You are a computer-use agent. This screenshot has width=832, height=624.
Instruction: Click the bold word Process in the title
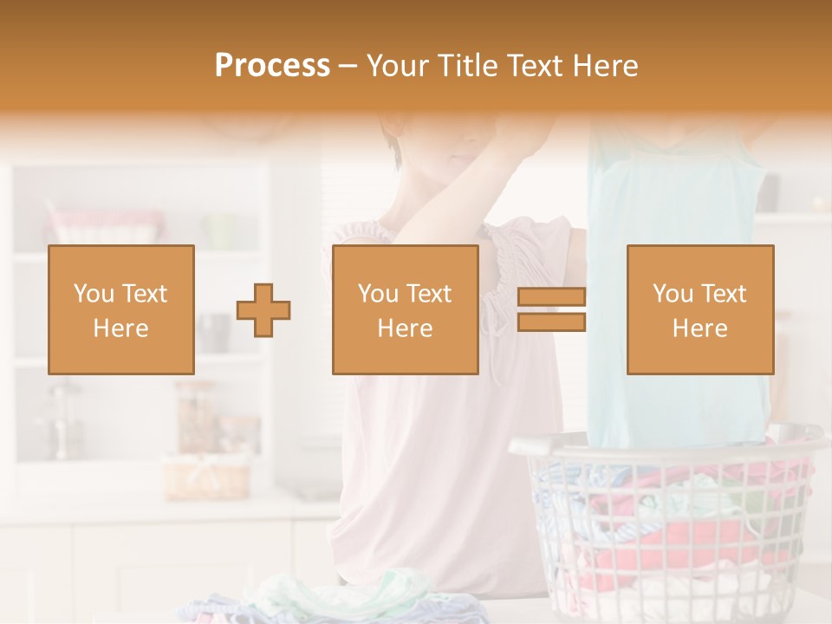272,66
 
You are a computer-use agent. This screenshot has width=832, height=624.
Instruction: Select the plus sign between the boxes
263,310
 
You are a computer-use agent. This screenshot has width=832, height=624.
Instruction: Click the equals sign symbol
551,309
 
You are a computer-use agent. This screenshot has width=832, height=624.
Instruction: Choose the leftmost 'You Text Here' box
121,309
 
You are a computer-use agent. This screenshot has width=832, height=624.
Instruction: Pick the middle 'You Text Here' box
405,309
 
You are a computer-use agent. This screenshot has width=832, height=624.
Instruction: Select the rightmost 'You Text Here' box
699,309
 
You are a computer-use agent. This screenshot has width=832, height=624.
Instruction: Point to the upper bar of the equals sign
551,297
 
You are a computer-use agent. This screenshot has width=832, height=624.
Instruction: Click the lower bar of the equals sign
551,322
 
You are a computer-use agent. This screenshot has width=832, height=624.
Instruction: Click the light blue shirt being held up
676,286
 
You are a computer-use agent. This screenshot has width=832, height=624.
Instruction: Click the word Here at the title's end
607,66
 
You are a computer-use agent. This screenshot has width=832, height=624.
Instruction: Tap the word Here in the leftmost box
120,328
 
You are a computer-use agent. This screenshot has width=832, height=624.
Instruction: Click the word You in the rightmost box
673,294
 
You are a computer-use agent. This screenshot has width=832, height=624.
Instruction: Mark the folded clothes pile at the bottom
347,598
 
